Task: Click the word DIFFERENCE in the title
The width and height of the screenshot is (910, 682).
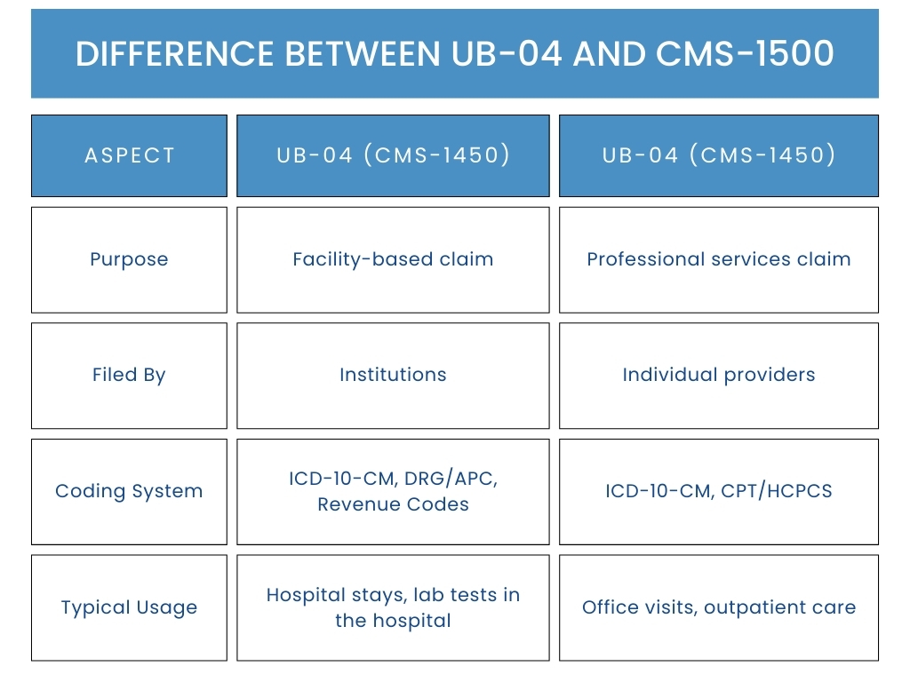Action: [x=175, y=54]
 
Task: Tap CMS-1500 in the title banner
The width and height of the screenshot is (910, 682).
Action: [x=746, y=54]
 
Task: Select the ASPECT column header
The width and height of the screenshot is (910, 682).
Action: [x=130, y=155]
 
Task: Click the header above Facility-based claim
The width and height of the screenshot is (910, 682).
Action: [x=393, y=155]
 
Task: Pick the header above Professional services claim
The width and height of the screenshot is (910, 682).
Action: [x=718, y=155]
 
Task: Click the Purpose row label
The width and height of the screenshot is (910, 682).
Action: [x=130, y=260]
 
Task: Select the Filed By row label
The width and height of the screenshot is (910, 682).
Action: [x=130, y=376]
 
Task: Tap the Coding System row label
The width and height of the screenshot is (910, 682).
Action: [x=130, y=492]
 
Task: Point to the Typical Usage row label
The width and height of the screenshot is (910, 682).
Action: [x=130, y=607]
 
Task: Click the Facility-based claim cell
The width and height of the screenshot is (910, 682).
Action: [x=393, y=260]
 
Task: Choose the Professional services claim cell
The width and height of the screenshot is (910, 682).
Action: [x=718, y=260]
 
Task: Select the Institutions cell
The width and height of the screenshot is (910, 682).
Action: [x=393, y=376]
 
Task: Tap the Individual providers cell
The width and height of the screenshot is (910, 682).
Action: [x=718, y=376]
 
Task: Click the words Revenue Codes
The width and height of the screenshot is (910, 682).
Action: [x=393, y=504]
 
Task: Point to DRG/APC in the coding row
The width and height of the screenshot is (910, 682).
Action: [x=451, y=479]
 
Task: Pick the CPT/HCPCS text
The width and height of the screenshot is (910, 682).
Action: [x=777, y=491]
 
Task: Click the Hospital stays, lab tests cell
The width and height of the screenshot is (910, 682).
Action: [x=393, y=607]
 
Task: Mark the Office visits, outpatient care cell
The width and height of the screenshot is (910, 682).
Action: [x=718, y=607]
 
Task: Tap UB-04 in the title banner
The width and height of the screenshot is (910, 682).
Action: [x=507, y=54]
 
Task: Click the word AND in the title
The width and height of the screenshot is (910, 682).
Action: [x=610, y=54]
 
